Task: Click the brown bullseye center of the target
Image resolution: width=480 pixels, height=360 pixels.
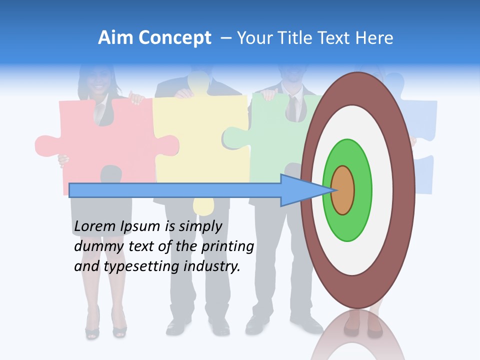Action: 342,190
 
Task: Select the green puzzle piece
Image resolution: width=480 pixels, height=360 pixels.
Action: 270,135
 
